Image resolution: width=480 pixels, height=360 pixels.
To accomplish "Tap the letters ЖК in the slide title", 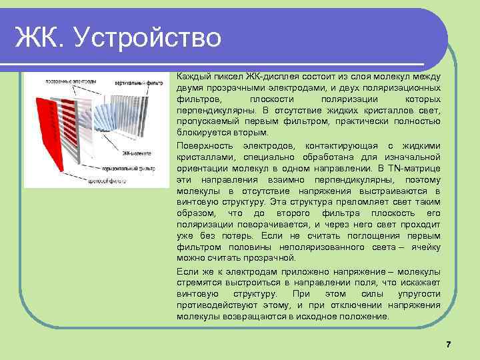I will pyautogui.click(x=40, y=37).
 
